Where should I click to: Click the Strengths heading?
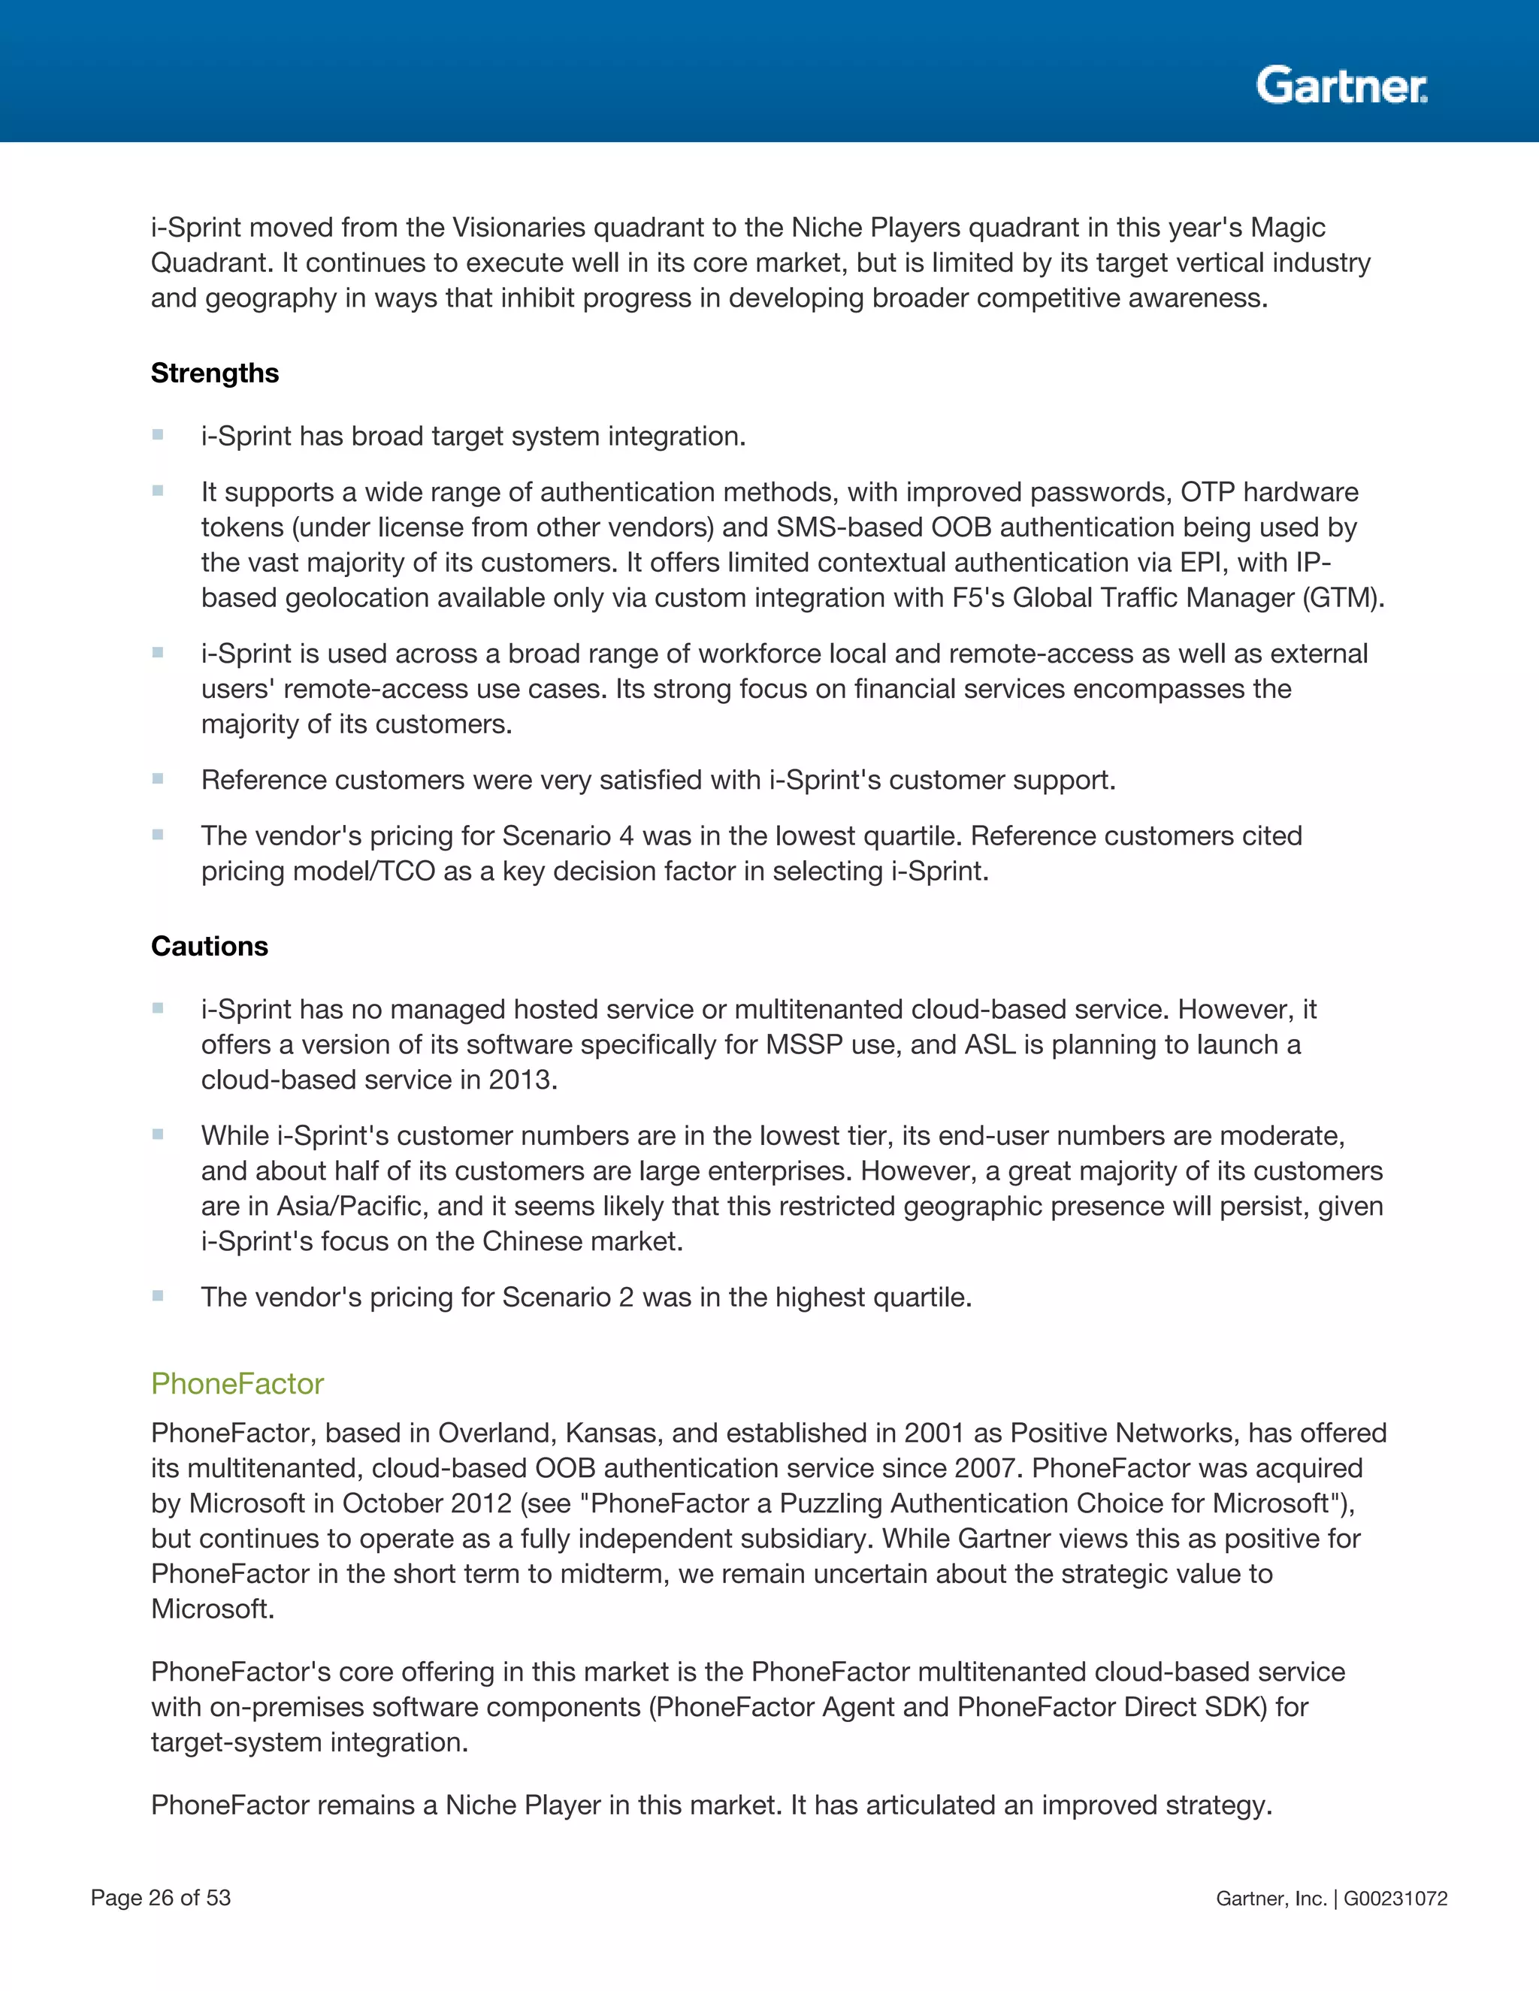(214, 373)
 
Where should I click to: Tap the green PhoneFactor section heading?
(237, 1384)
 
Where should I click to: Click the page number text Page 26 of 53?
(161, 1898)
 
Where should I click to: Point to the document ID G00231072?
(1395, 1899)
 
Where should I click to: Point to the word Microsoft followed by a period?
(213, 1609)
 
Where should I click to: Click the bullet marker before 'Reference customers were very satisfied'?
(158, 778)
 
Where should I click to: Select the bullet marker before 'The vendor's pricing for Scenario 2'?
(158, 1295)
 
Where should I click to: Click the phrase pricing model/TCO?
(317, 872)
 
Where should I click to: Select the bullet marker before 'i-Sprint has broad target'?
(158, 435)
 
